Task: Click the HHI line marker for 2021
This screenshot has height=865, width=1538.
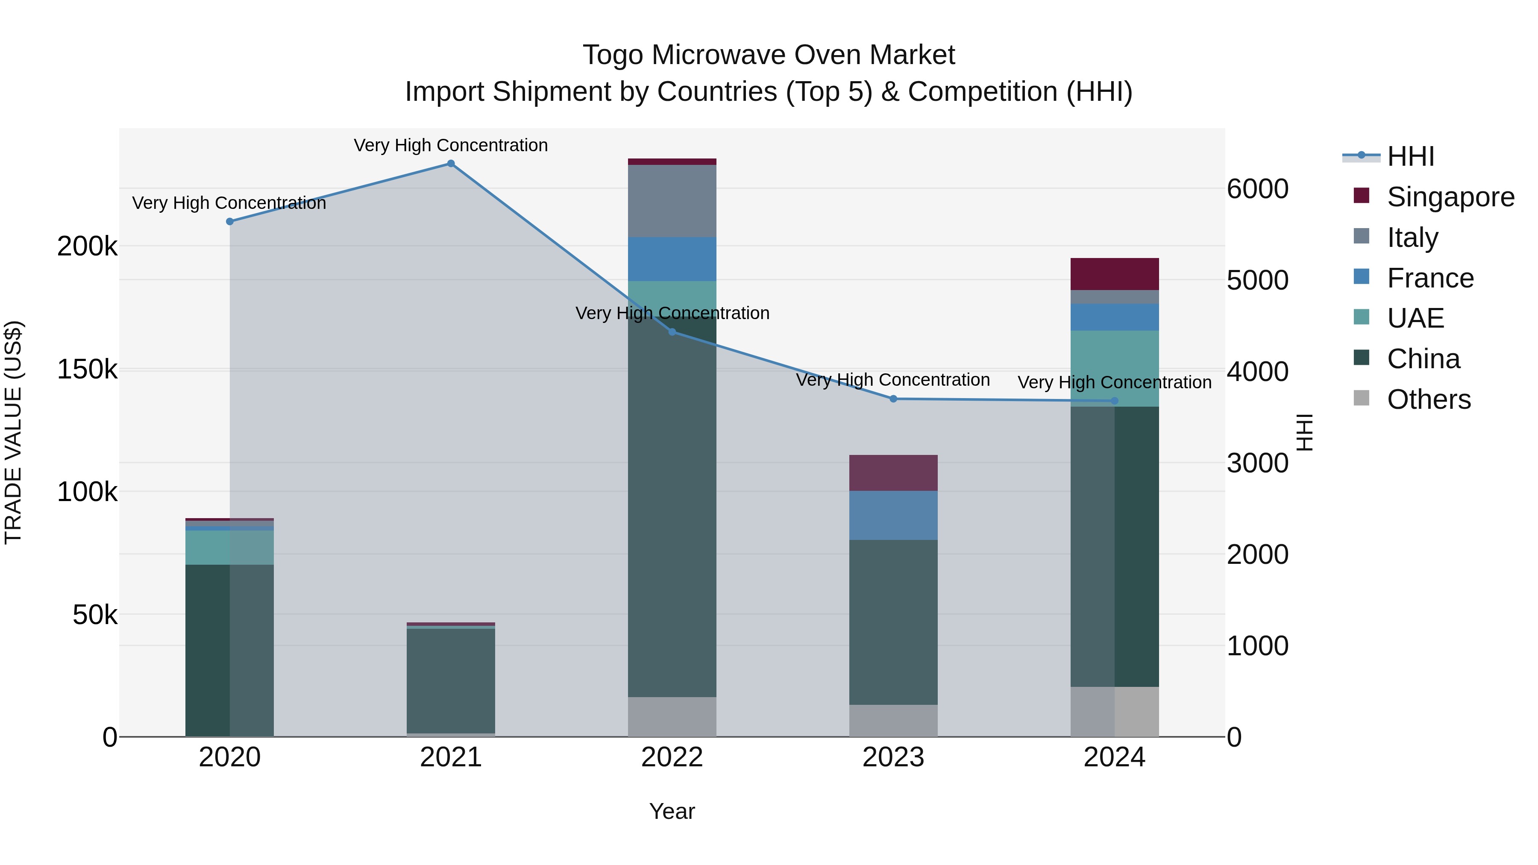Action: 451,164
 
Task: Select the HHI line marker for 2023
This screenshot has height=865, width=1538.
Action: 893,399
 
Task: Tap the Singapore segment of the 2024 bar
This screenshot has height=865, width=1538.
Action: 1114,274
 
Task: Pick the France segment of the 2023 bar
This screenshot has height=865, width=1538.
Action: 893,515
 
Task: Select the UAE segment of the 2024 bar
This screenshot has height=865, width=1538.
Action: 1114,368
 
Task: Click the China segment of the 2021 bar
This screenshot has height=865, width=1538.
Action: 451,680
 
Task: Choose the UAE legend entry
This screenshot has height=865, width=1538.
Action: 1415,318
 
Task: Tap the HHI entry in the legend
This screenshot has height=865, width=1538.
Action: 1410,156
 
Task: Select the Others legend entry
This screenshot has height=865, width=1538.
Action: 1428,399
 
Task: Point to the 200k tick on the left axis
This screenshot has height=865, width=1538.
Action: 87,246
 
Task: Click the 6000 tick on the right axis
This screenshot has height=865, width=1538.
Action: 1257,189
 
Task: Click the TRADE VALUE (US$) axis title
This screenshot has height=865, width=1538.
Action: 13,432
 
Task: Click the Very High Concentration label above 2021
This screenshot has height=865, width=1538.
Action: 451,145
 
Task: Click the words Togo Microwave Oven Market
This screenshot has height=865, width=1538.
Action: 769,55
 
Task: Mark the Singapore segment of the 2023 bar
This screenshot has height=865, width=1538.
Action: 893,473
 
